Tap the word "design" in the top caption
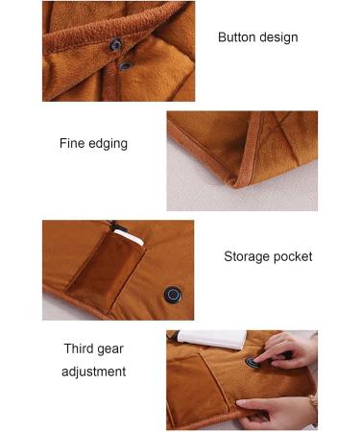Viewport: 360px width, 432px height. (278, 37)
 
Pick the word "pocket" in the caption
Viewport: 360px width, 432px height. (294, 256)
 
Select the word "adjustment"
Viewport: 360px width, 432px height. (93, 372)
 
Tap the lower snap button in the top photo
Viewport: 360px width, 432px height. (125, 65)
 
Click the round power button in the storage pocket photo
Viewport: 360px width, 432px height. (173, 294)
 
